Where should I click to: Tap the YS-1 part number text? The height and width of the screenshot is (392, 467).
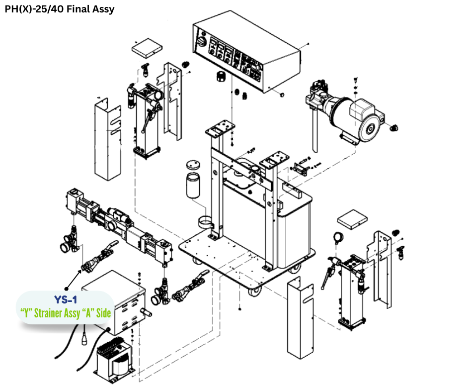pos(66,300)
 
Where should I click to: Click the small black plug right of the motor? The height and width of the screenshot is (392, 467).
pos(395,127)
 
